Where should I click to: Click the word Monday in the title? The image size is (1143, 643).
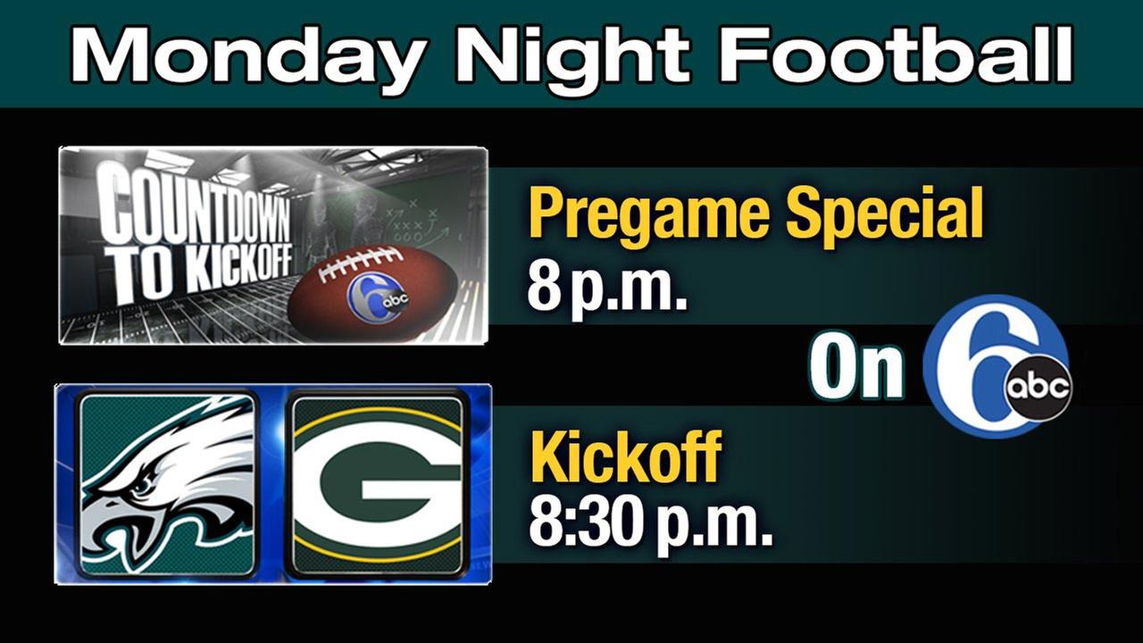point(247,56)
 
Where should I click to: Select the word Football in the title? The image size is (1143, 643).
point(896,53)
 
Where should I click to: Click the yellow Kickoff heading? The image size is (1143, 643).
point(625,455)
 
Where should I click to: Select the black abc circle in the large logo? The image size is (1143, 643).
point(1038,388)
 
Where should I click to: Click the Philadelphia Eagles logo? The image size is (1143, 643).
point(167,485)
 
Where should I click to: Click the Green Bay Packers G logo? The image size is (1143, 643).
point(378,485)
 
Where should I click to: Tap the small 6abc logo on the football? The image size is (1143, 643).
point(379,303)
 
